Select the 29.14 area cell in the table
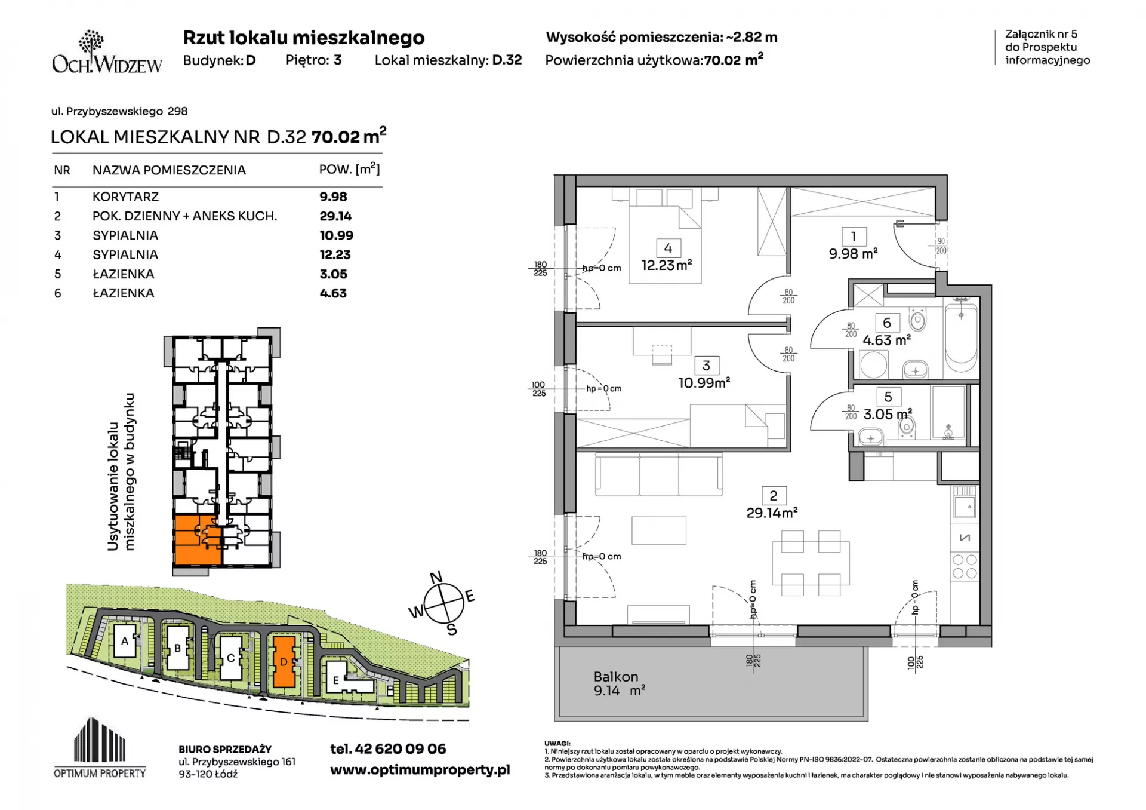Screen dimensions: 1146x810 point(335,216)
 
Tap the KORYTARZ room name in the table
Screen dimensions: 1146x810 point(125,197)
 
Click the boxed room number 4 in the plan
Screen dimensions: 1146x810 point(668,248)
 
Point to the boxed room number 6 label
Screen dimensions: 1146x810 point(887,323)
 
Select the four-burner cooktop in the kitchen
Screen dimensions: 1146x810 point(965,566)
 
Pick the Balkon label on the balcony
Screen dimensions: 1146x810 point(616,677)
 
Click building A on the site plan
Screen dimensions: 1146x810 point(125,641)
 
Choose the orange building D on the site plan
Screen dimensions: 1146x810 point(284,662)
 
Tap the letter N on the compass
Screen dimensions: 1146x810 point(436,577)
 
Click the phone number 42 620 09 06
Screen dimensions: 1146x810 point(401,748)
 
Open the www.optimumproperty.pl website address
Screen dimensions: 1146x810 point(420,770)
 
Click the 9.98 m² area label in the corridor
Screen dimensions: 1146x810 point(853,253)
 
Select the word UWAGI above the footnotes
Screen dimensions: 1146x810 point(557,744)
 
